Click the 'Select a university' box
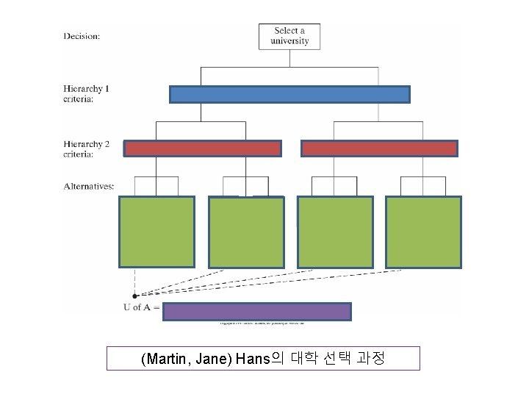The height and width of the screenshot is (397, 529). (289, 36)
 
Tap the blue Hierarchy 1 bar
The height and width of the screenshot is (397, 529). (289, 94)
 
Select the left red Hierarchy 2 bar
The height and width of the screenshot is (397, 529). (202, 149)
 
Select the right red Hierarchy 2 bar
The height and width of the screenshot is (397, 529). (379, 149)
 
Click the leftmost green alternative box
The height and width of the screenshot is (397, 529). (157, 232)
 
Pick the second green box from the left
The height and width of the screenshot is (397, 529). (246, 232)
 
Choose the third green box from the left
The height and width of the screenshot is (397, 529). (335, 232)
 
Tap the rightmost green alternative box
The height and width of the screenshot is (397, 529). (423, 232)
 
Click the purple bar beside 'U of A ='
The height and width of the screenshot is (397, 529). (256, 312)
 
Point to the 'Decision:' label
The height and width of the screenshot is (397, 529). (82, 35)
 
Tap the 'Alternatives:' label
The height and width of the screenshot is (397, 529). (89, 186)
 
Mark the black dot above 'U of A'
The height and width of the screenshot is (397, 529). (134, 295)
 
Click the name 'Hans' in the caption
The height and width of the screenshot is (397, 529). (253, 360)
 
